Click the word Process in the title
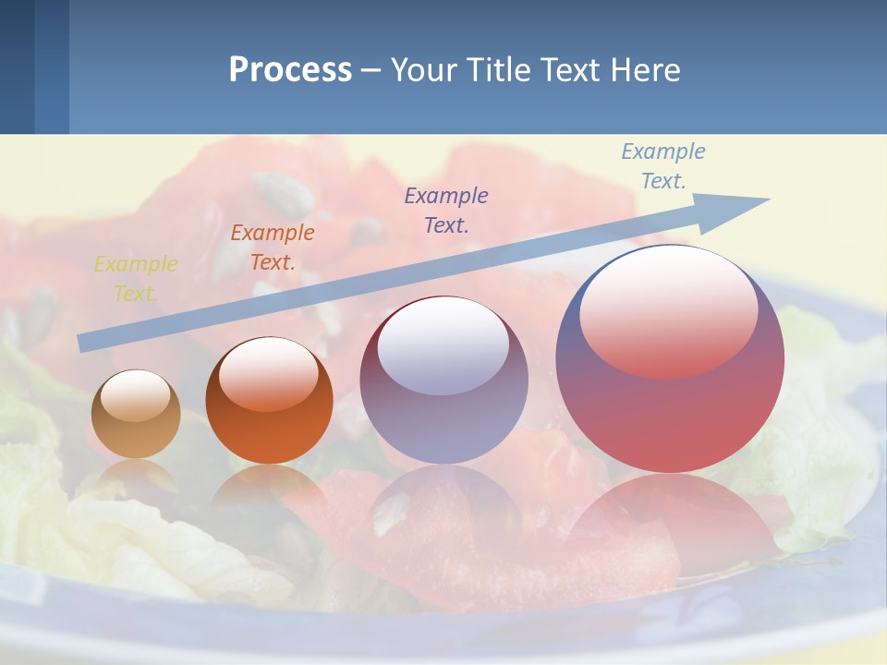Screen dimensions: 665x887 point(290,70)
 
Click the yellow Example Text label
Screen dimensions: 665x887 point(136,279)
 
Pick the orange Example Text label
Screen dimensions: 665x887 point(273,248)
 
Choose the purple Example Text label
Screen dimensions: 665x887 point(446,210)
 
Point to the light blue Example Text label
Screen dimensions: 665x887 point(662,166)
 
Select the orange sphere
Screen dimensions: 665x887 point(269,434)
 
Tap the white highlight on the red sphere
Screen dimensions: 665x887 point(668,310)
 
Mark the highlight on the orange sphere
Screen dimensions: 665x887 point(268,374)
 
